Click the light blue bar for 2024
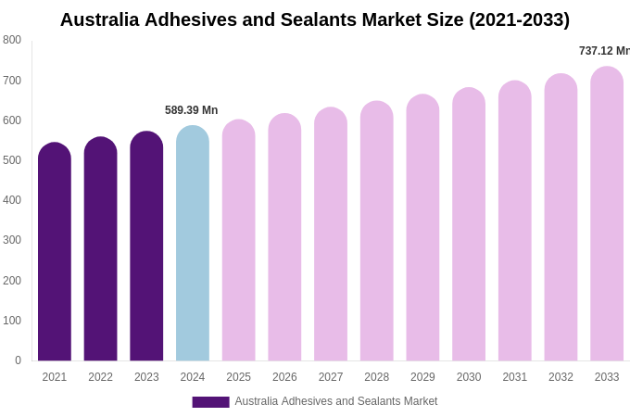click(193, 246)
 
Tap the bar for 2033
click(607, 215)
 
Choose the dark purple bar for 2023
click(146, 247)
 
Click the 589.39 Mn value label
click(192, 110)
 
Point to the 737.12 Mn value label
click(604, 51)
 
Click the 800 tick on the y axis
click(12, 40)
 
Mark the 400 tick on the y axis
click(12, 200)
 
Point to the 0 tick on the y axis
click(18, 360)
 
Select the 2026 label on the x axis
click(284, 377)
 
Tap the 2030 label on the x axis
click(469, 377)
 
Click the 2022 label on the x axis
click(101, 377)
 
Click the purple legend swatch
click(210, 402)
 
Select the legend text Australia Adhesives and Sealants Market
click(336, 401)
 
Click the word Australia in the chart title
click(100, 19)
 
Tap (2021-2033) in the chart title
click(519, 19)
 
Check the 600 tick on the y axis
click(12, 120)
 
